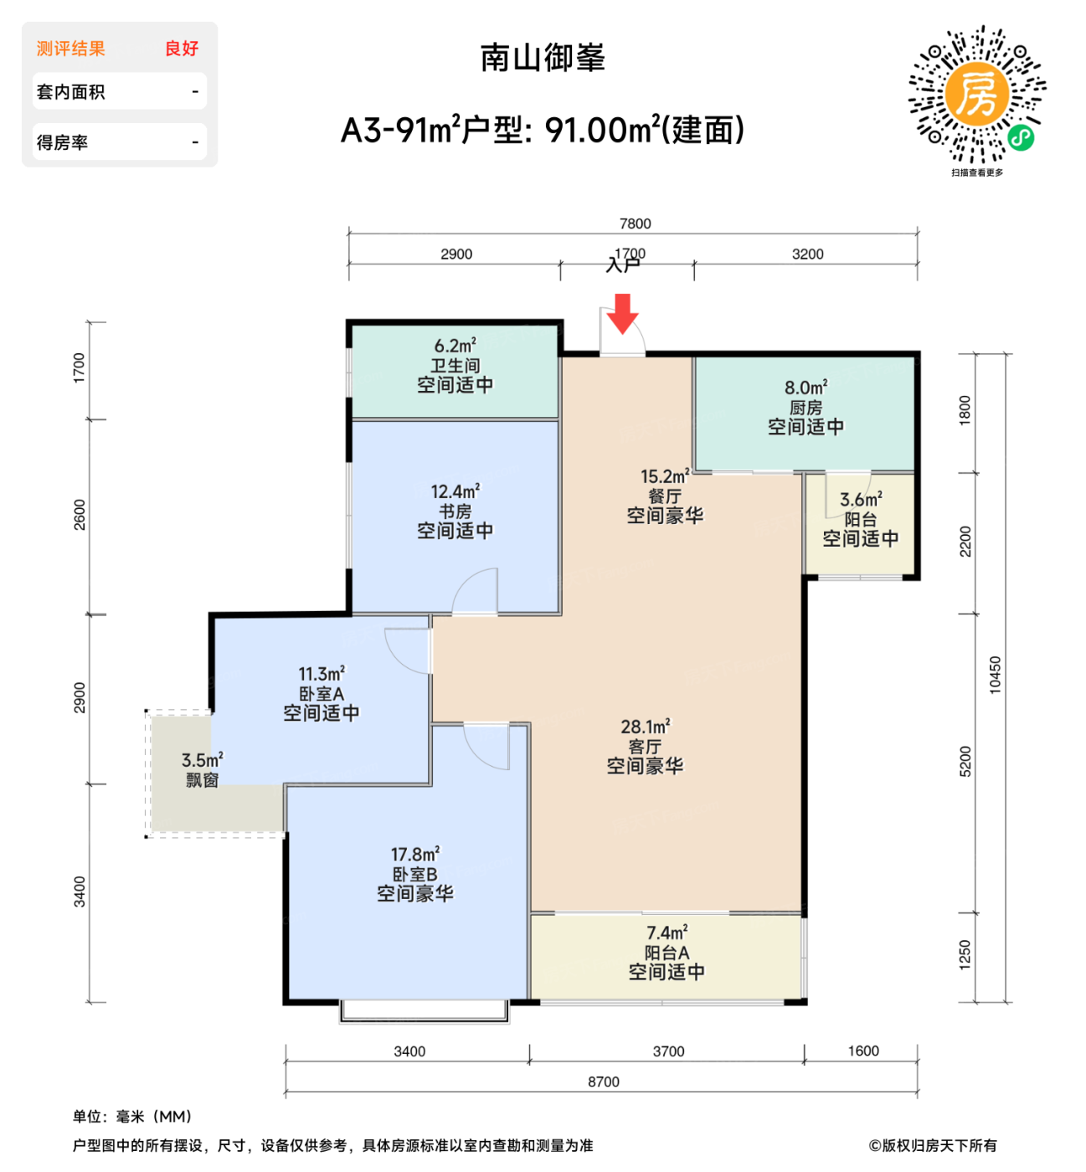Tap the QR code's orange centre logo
point(976,94)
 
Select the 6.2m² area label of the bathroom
point(455,346)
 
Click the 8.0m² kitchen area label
point(805,388)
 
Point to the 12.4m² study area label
point(455,491)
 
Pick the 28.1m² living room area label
point(645,727)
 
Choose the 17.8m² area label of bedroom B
point(414,855)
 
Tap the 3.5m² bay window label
point(202,760)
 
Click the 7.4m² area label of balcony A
point(667,933)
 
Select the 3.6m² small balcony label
point(860,500)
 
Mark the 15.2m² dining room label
point(665,476)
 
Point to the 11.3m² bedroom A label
point(322,674)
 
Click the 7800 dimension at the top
point(635,224)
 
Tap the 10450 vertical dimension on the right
point(995,675)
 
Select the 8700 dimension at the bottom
point(603,1082)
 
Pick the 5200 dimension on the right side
point(965,762)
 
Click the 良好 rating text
point(181,49)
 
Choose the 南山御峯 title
point(543,58)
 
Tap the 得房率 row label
point(62,142)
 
